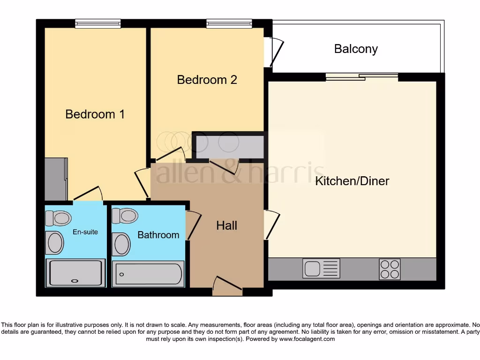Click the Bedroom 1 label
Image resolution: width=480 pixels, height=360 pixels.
click(x=95, y=114)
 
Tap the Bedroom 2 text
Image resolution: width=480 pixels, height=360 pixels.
click(x=207, y=80)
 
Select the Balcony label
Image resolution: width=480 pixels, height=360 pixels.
click(x=356, y=49)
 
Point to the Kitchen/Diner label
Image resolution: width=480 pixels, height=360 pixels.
click(x=352, y=181)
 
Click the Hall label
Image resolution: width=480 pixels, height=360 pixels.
click(x=226, y=225)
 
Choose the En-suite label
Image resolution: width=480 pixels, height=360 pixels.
click(x=85, y=232)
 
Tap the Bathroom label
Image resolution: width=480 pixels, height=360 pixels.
click(x=158, y=235)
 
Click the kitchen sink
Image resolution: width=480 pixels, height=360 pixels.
click(x=321, y=269)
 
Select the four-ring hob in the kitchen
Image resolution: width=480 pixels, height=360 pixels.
click(x=390, y=269)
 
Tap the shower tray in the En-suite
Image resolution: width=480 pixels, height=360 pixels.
click(x=75, y=273)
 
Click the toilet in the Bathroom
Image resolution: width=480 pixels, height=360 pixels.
click(x=125, y=216)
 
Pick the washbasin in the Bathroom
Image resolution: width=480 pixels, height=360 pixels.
click(x=121, y=244)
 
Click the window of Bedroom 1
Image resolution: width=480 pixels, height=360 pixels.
click(x=97, y=23)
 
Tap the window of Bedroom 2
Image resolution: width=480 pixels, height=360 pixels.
click(x=229, y=23)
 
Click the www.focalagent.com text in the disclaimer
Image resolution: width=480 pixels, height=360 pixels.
click(x=307, y=339)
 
